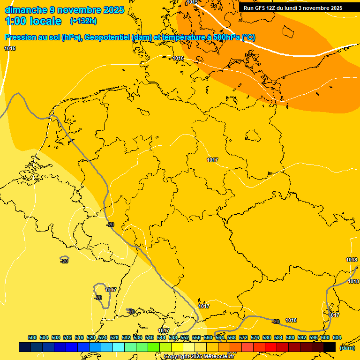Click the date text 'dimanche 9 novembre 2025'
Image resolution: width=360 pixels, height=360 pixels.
coord(64,10)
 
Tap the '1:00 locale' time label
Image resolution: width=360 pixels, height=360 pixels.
coord(33,21)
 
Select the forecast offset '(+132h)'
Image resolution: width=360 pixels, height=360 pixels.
coord(83,21)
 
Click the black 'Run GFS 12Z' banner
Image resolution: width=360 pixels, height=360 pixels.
coord(293,7)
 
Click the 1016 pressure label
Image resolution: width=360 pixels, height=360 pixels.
coord(178,58)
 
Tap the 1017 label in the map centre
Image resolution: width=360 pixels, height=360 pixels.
coord(212,160)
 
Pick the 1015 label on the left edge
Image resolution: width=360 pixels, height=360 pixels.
coord(10,48)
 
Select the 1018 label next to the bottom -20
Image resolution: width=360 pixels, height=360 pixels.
coord(291,320)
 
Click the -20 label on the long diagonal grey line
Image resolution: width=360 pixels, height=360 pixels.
coord(110,225)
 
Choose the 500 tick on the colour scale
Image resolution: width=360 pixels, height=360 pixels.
coord(32,337)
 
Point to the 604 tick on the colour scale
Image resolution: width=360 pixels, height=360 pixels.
coord(337,337)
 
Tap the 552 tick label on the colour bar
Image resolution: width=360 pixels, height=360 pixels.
coord(185,337)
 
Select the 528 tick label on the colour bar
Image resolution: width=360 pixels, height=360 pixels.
coord(114,337)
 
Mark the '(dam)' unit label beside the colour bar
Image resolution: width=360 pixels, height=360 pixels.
coord(347,347)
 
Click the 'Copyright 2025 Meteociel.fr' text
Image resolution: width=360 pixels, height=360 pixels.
coord(199,356)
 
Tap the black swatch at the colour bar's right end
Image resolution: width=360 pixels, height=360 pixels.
coord(330,347)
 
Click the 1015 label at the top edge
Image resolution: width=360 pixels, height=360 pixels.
coord(192,2)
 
